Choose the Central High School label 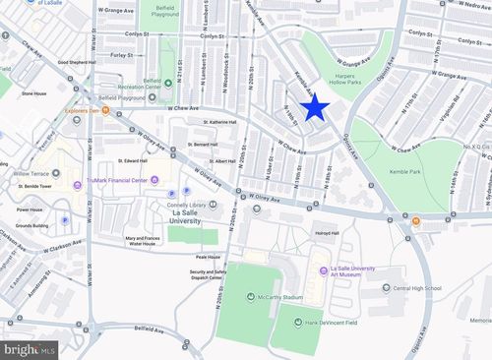417,289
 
